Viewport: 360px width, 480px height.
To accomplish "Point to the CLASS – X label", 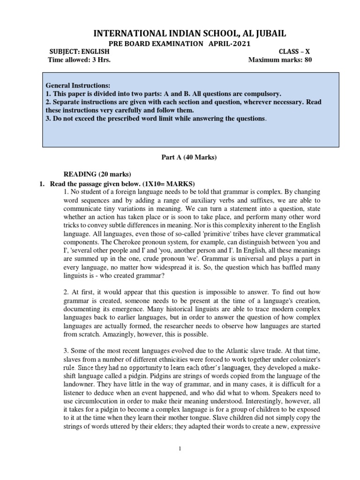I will point(295,52).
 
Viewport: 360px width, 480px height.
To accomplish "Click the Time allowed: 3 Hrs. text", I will point(79,60).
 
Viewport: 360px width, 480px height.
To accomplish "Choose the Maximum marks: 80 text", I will point(280,60).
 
